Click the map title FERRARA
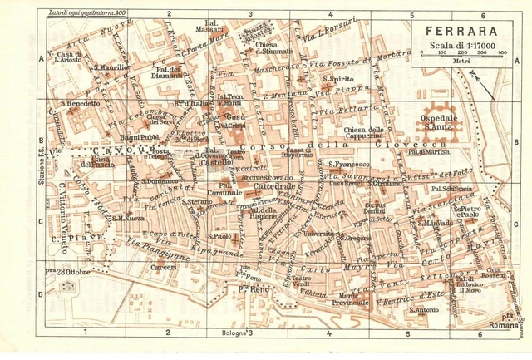460,26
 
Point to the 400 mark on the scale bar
502,52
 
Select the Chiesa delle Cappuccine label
364,133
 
